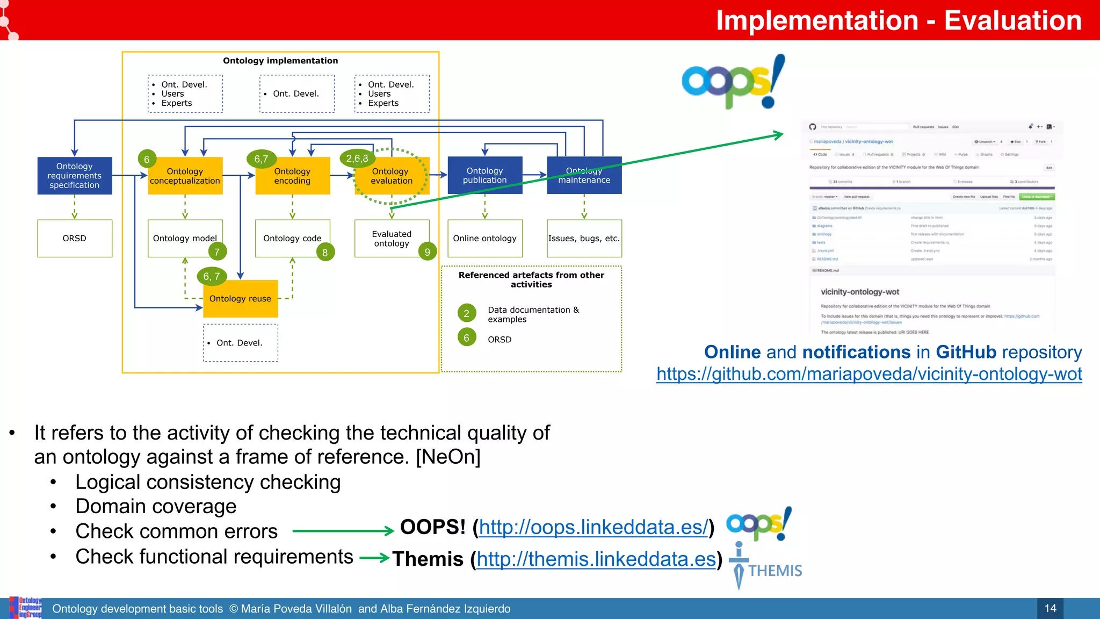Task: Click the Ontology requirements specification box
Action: coord(75,176)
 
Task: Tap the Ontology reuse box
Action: coord(241,299)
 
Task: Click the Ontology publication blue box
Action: coord(484,175)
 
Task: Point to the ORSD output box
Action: coord(75,238)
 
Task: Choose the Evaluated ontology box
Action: coord(392,239)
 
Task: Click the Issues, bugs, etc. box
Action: coord(584,238)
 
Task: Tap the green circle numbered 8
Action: coord(325,253)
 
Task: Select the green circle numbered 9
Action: coord(427,252)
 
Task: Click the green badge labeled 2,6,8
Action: coord(357,159)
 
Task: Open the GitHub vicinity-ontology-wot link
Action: coord(869,374)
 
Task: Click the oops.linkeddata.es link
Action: coord(593,527)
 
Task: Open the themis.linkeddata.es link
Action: coord(596,559)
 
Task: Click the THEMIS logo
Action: coord(765,567)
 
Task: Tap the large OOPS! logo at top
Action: coord(733,82)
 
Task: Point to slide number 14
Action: coord(1050,608)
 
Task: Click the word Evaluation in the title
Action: coord(1012,20)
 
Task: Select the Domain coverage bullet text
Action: coord(156,506)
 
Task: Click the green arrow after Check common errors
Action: coord(344,531)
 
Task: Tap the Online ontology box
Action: coord(484,238)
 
